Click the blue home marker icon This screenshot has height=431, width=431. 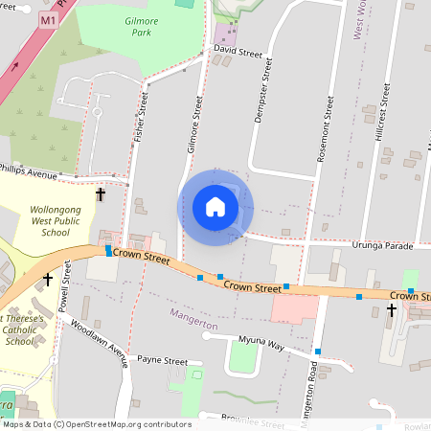(x=215, y=207)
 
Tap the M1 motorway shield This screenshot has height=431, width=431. (x=48, y=19)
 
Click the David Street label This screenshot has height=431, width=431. (x=238, y=50)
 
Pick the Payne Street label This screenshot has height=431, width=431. (x=162, y=361)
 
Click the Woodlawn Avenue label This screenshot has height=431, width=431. (x=99, y=343)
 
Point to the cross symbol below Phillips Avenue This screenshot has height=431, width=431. (x=101, y=194)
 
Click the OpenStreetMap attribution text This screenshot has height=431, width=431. (x=95, y=423)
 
